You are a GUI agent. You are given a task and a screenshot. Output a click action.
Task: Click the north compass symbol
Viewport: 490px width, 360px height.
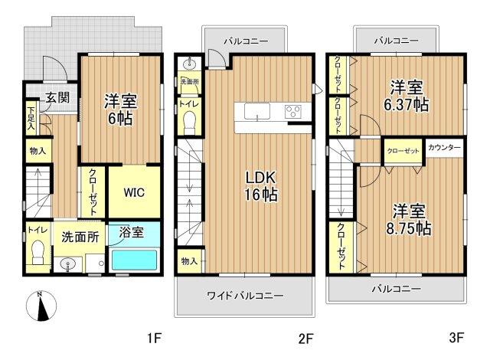[x=41, y=306]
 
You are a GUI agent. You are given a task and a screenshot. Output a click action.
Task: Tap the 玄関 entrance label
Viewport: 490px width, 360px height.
[x=57, y=98]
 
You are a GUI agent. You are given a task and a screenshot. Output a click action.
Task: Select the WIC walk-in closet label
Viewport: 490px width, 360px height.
[x=135, y=192]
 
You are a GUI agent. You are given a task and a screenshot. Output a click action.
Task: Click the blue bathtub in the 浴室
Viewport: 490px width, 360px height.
[x=135, y=260]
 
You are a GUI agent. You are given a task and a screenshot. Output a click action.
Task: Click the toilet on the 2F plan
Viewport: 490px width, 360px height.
[x=190, y=123]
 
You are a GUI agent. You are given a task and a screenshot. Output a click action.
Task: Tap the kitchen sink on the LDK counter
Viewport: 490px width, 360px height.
[x=257, y=111]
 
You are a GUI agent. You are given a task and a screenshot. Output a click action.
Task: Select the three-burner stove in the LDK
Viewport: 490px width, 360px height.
[x=293, y=112]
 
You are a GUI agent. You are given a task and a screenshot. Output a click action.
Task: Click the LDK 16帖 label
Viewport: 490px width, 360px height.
[x=261, y=186]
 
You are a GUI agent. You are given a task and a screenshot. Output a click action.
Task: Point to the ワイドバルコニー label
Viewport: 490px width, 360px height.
[x=245, y=296]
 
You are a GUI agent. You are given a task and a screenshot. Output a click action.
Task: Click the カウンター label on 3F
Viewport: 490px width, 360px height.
[x=444, y=148]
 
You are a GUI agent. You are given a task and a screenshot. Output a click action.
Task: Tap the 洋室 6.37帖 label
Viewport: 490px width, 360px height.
[x=407, y=96]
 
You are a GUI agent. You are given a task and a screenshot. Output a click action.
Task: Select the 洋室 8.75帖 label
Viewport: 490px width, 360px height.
[x=409, y=220]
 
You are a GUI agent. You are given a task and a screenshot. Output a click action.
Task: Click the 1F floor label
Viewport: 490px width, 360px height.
[x=155, y=338]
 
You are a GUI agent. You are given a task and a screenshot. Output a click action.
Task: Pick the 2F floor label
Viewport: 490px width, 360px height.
[x=305, y=338]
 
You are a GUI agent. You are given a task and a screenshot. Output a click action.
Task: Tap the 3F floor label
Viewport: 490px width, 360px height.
[x=456, y=338]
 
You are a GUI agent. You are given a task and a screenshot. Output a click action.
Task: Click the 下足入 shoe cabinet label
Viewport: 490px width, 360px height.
[x=31, y=118]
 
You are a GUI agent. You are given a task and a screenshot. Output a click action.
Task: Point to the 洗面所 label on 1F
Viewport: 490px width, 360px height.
[x=80, y=237]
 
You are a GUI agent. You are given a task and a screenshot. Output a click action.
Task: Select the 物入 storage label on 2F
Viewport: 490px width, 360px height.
[x=189, y=261]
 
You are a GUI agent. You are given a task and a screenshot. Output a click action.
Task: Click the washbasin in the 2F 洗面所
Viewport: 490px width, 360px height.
[x=190, y=64]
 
